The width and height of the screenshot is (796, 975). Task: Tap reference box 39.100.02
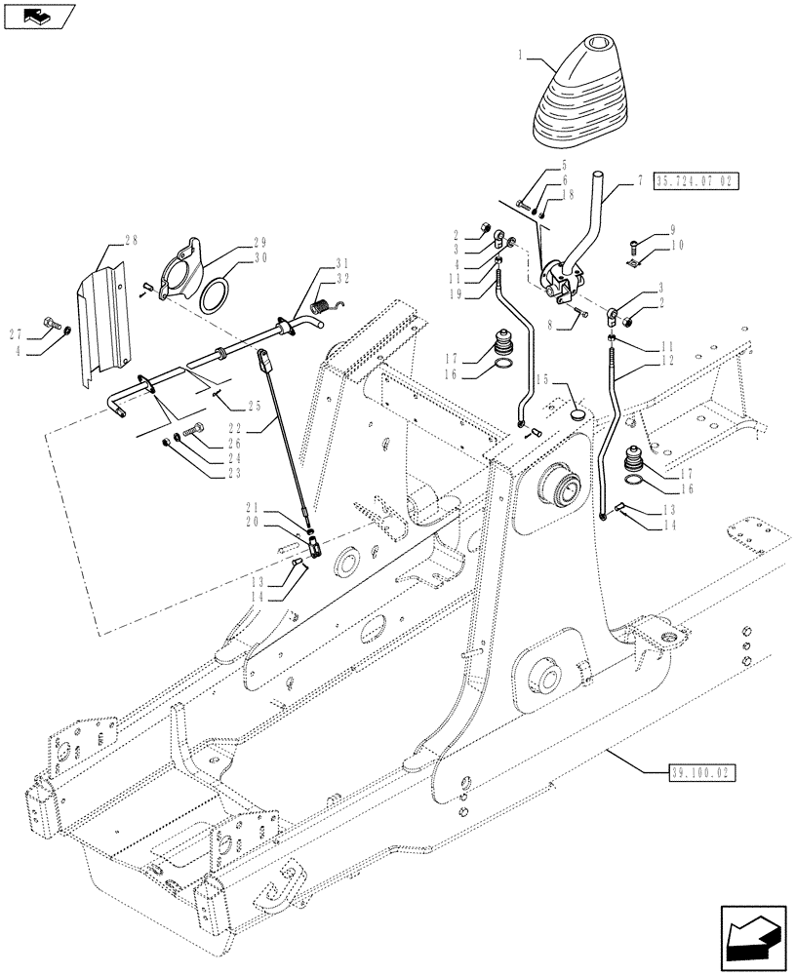[701, 772]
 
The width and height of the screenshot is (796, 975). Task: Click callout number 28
[131, 240]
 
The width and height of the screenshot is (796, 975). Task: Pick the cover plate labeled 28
[104, 312]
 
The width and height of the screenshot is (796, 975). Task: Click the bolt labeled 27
[51, 323]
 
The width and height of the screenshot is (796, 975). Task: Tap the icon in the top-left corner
[36, 15]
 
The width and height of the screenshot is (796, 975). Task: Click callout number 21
[252, 507]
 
